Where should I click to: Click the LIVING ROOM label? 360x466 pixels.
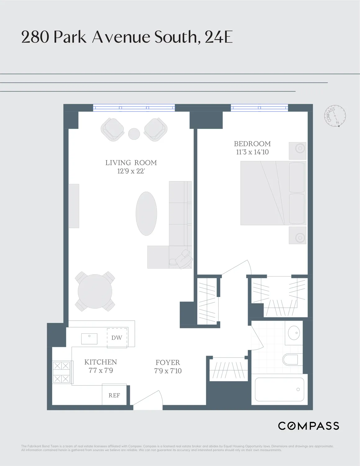(131, 162)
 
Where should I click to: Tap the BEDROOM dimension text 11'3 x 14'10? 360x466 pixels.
(252, 152)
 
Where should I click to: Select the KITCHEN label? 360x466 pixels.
(101, 362)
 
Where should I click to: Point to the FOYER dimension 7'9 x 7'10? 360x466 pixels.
(168, 371)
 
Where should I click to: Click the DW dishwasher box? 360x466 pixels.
(117, 338)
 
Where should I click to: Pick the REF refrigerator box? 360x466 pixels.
(114, 395)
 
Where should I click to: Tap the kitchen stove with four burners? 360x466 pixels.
(62, 372)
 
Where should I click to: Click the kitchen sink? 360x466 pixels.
(89, 339)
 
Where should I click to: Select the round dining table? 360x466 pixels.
(95, 291)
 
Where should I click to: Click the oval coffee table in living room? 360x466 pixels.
(146, 213)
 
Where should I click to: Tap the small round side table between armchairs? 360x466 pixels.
(134, 134)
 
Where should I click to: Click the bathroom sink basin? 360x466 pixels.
(294, 333)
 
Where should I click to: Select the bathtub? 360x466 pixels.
(279, 389)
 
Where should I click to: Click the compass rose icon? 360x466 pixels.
(335, 116)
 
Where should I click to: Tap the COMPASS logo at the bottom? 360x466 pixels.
(308, 426)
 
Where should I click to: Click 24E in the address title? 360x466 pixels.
(219, 37)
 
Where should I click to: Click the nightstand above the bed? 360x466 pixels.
(298, 151)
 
